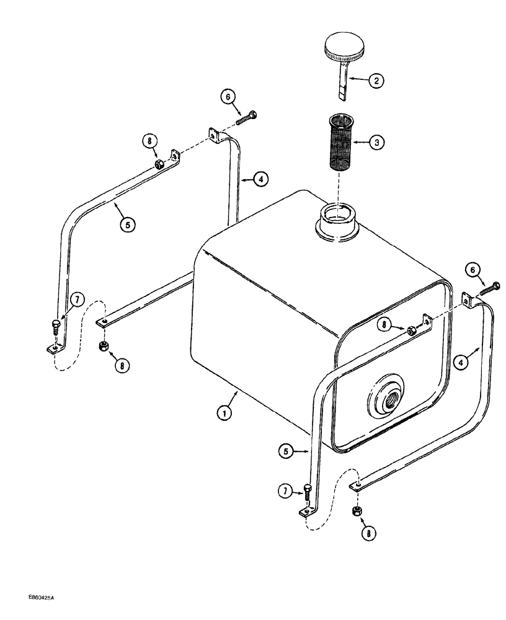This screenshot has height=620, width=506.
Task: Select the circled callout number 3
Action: [x=376, y=142]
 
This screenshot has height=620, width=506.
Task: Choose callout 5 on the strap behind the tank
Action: [x=127, y=225]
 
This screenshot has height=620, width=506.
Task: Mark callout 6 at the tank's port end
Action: [x=490, y=286]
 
